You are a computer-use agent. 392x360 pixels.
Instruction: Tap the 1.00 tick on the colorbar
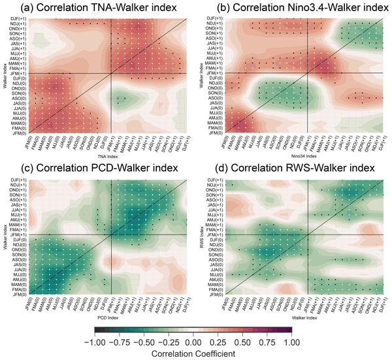coord(289,340)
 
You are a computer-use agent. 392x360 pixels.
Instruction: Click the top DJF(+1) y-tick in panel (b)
coord(213,18)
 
